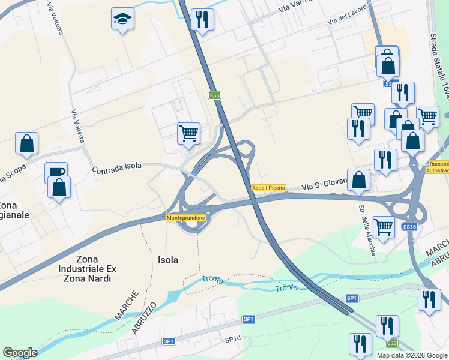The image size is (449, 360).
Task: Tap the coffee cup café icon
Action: (56, 172)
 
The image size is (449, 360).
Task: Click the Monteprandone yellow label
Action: (187, 218)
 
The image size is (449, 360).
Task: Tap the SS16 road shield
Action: (409, 226)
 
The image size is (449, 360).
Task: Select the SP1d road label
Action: (232, 340)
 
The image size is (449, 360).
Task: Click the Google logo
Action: (20, 353)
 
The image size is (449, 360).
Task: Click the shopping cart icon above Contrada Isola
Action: (188, 133)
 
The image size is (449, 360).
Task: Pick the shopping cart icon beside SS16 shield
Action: (383, 227)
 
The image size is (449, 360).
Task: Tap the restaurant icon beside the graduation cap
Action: (202, 19)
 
